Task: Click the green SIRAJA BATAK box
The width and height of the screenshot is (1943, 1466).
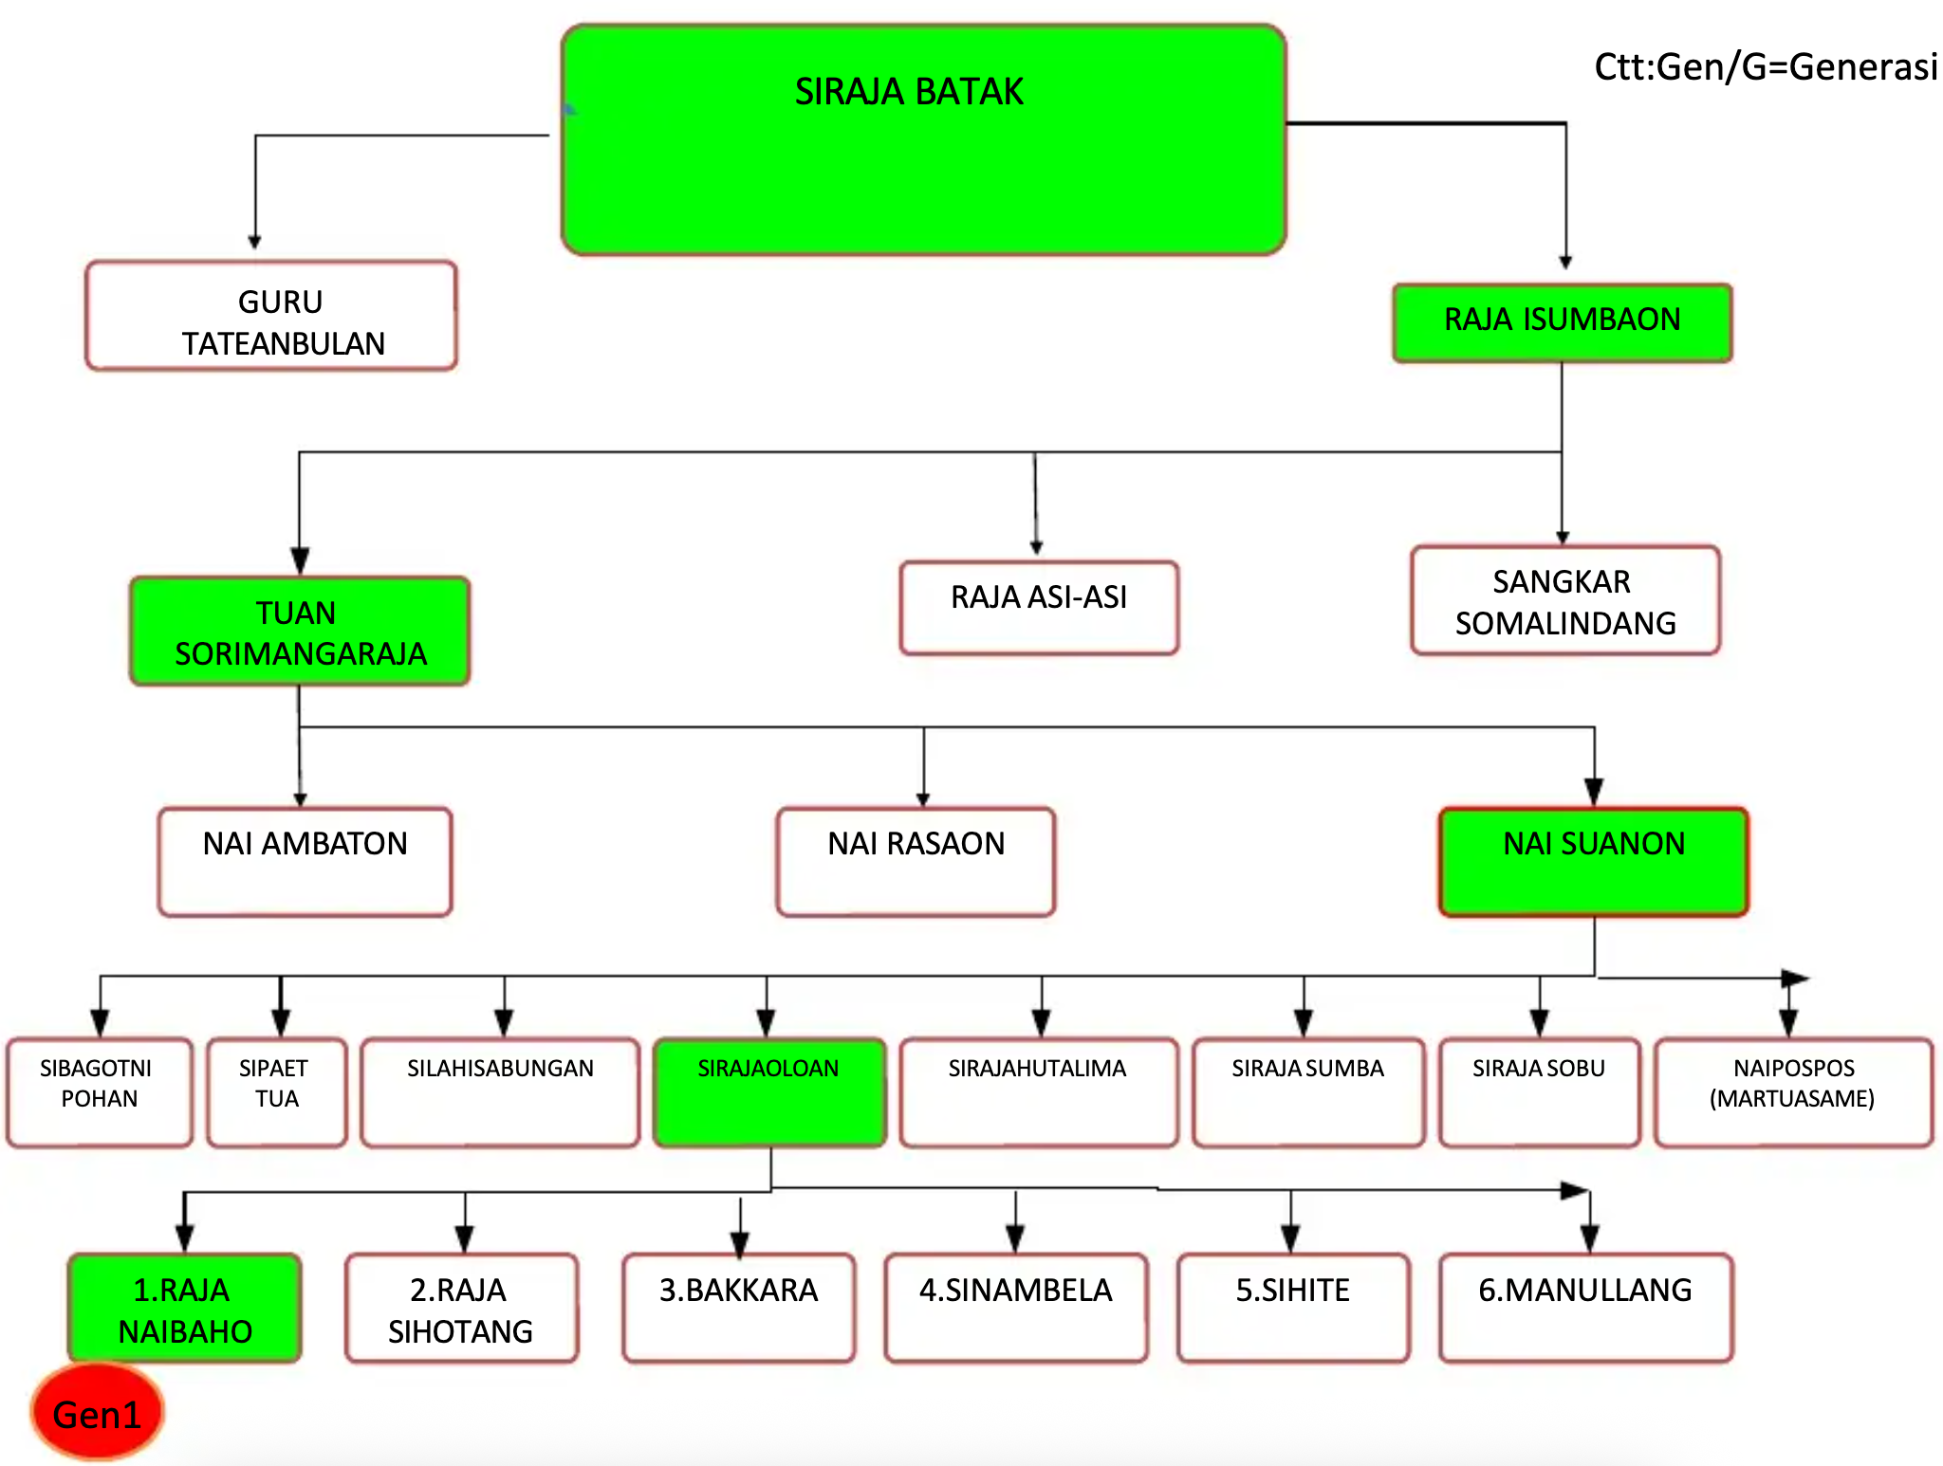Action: [923, 140]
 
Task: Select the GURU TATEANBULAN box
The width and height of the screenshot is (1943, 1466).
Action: [271, 316]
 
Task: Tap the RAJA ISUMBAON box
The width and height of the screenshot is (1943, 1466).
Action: [1562, 322]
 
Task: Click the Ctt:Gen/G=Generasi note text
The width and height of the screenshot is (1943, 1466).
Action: [1765, 67]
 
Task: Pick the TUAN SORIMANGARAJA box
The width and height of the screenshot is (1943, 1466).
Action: [300, 632]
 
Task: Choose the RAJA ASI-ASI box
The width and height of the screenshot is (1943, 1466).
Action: [1039, 607]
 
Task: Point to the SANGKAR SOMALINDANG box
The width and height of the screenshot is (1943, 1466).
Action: [1564, 600]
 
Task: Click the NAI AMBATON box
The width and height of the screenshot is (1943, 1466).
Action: [305, 861]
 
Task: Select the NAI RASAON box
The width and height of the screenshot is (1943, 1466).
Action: [916, 861]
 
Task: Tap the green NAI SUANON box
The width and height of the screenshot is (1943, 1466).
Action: [1593, 861]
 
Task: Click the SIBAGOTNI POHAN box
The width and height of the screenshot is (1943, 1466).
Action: [99, 1091]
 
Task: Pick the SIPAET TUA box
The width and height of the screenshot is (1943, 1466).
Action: [276, 1091]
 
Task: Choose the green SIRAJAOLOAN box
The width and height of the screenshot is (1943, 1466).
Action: [768, 1091]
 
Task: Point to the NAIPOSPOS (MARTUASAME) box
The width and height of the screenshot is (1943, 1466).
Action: [1792, 1091]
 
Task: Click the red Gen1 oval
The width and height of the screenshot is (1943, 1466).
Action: [97, 1413]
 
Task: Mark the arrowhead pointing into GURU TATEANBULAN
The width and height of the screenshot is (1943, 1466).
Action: [254, 242]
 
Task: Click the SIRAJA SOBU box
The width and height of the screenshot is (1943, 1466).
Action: [1538, 1091]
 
